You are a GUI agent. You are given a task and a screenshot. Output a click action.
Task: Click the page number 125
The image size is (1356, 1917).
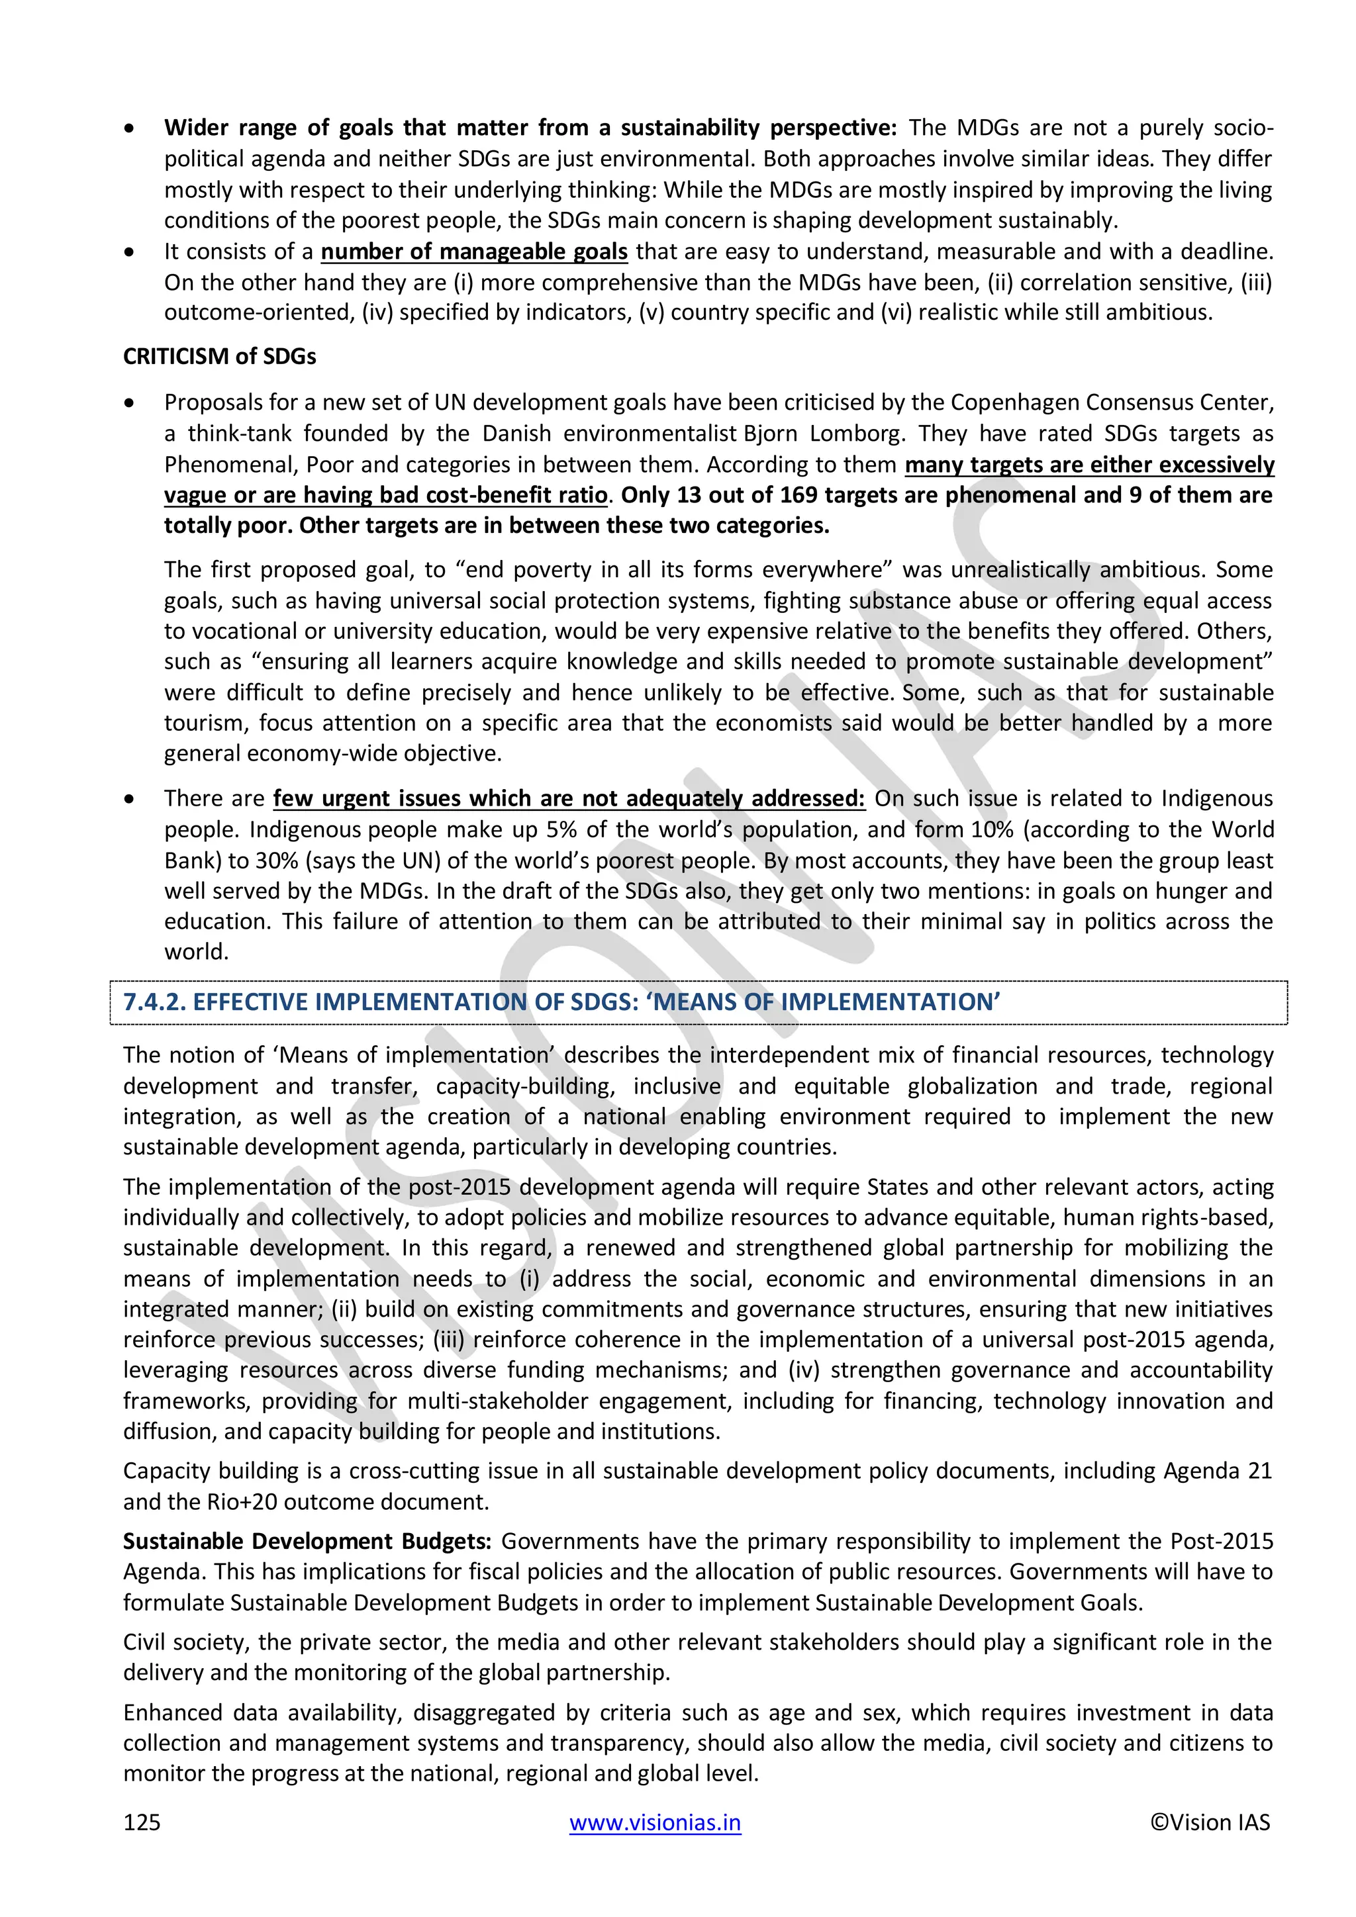(x=142, y=1822)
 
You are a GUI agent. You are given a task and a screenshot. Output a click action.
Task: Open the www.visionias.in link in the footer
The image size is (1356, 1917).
(x=655, y=1822)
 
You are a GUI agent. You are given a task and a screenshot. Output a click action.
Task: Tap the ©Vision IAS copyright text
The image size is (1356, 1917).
(x=1210, y=1822)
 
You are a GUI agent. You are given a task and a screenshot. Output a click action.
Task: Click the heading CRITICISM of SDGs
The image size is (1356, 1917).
(x=220, y=357)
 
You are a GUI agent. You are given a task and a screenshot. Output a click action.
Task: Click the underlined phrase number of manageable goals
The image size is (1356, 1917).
(x=473, y=252)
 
